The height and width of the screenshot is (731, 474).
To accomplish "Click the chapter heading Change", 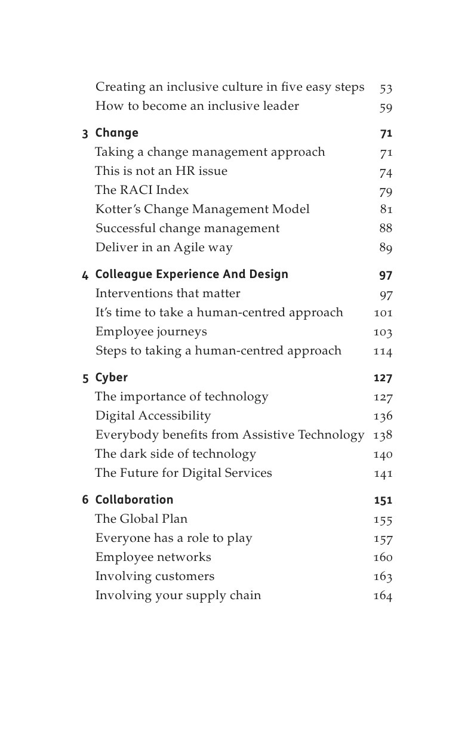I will pos(116,133).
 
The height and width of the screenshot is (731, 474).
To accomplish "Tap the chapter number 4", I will pos(85,275).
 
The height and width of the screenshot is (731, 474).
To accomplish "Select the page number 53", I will pos(386,89).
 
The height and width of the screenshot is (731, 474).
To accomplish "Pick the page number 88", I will pos(386,229).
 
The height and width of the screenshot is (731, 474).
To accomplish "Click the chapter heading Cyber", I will pos(111,378).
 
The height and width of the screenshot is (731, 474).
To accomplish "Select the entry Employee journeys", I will pos(151,332).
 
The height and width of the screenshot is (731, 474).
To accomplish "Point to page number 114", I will pos(383,351).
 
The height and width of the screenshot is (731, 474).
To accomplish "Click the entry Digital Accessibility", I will pos(153,416).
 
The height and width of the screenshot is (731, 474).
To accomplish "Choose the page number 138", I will pos(383,435).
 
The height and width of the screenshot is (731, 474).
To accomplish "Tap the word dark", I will pos(136,454).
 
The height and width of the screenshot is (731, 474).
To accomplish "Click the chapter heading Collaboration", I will pos(134,500).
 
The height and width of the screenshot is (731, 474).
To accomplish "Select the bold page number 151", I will pos(383,501).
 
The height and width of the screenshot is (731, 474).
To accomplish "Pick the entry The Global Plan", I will pos(141,519).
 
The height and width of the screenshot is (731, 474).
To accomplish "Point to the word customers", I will pos(184,576).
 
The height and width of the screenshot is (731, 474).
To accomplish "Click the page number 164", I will pos(383,596).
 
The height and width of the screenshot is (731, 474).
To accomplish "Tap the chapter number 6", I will pos(85,500).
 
